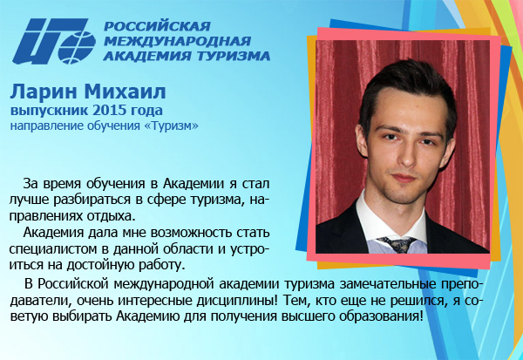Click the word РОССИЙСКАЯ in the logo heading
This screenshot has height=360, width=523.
pos(157,25)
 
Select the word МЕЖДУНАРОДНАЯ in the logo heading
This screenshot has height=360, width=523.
pos(178,41)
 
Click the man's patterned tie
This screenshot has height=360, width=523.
pos(397,245)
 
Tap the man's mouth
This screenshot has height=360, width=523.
pos(404,177)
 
